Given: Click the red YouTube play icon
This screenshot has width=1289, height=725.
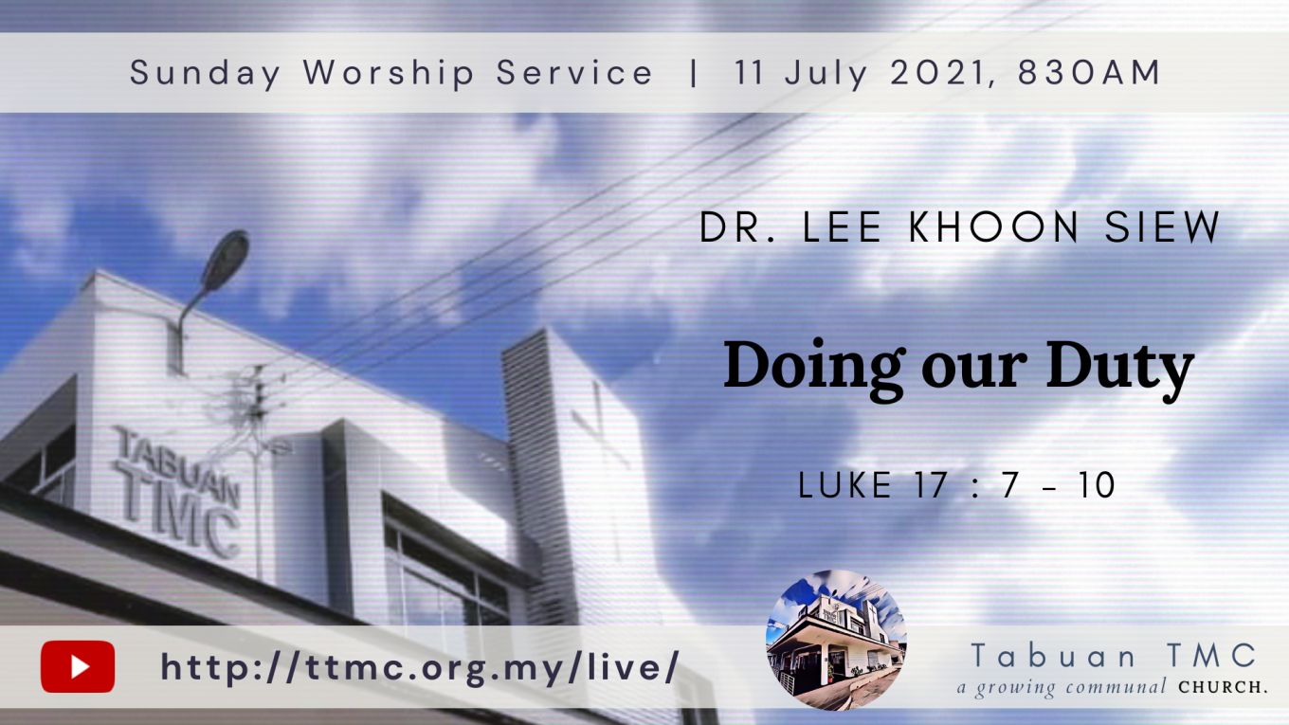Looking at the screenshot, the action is click(x=78, y=666).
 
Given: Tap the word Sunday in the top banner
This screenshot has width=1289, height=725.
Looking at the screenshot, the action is click(x=206, y=74).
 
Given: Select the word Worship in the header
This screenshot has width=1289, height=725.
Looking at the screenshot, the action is click(x=389, y=74).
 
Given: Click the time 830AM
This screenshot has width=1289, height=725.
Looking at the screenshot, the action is click(x=1089, y=72).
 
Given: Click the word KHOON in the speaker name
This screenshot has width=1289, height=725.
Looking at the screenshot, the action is click(x=994, y=227).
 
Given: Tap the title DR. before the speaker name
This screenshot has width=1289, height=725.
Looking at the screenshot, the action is click(x=737, y=227).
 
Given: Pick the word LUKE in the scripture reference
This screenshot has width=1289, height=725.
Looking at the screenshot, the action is click(x=844, y=485).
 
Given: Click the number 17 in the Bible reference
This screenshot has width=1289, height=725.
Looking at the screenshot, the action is click(x=931, y=485).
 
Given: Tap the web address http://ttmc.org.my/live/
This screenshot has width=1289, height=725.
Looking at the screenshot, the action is click(x=420, y=667).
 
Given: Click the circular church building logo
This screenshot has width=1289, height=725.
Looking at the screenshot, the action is click(x=836, y=640).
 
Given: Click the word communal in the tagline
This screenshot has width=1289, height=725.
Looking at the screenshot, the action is click(x=1116, y=687).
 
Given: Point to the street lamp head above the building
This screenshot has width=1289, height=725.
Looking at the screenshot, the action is click(x=225, y=261).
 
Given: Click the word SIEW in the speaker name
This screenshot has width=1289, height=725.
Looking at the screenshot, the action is click(x=1162, y=227).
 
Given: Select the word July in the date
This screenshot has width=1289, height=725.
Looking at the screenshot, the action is click(x=826, y=74).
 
